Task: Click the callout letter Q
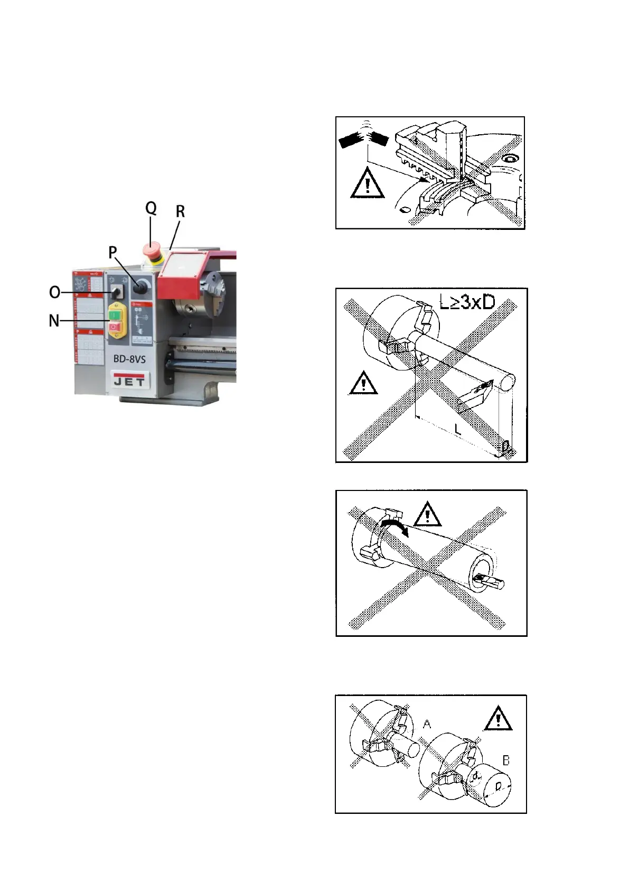coord(151,208)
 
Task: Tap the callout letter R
coord(180,212)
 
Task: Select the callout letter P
coord(112,253)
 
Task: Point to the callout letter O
coord(54,292)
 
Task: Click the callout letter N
coord(54,321)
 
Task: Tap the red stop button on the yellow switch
coord(115,328)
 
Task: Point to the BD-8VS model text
coord(129,359)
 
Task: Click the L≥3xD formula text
coord(467,302)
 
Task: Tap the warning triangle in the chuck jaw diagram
coord(367,183)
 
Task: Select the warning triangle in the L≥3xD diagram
coord(363,383)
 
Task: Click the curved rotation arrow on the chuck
coord(395,526)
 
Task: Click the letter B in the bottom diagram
coord(505,761)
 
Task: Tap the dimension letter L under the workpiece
coord(457,430)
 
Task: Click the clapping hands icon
coord(364,139)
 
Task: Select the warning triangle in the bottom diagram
coord(497,719)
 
